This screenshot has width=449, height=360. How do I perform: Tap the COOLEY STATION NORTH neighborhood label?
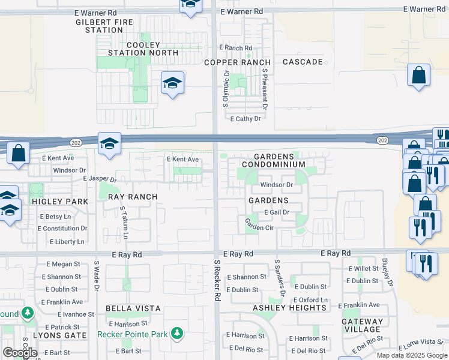[x=143, y=49]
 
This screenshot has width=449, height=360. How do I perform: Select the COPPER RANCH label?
[x=237, y=62]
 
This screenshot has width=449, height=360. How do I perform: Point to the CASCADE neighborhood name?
[x=303, y=62]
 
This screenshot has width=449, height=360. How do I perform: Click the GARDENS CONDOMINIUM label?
[x=274, y=160]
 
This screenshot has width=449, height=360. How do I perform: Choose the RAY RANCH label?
[x=133, y=197]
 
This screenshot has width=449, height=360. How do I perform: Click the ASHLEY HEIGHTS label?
[x=289, y=308]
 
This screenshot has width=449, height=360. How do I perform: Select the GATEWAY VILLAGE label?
[x=363, y=325]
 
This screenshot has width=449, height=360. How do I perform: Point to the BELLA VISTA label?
[x=133, y=308]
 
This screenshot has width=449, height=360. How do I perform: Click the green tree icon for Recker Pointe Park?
[x=176, y=332]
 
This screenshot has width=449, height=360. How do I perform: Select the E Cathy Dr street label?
[x=246, y=119]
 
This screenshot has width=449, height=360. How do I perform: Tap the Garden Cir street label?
[x=259, y=224]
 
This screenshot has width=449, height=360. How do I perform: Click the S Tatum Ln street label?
[x=124, y=223]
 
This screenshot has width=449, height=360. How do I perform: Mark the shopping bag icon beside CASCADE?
[x=418, y=76]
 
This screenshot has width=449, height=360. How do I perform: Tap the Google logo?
[x=20, y=353]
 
